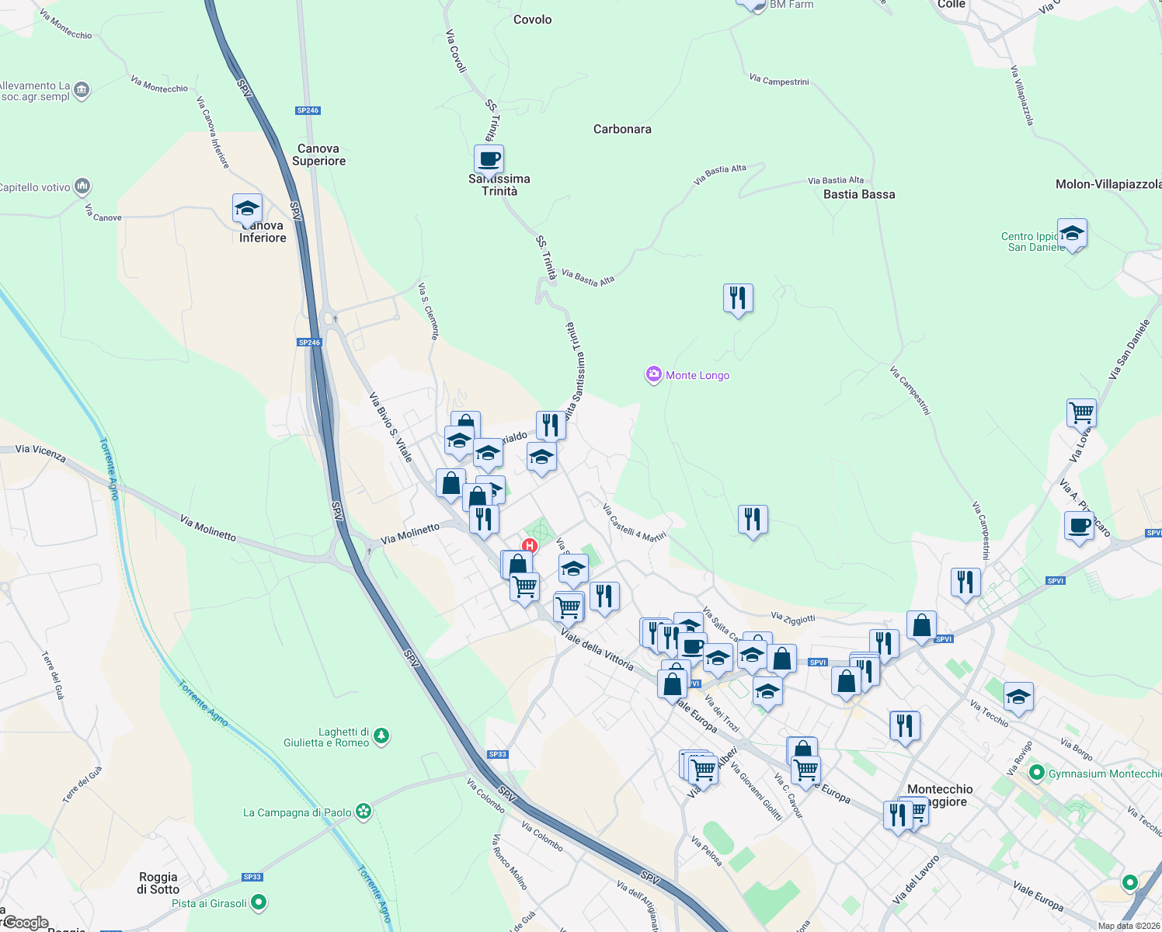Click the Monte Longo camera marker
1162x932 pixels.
coord(654,375)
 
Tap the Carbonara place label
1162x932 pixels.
coord(622,129)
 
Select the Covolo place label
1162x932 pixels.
coord(533,19)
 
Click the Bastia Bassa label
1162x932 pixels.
coord(859,194)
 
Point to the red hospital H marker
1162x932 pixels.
coord(530,545)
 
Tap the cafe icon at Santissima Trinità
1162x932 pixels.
coord(489,160)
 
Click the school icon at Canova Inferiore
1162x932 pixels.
coord(247,209)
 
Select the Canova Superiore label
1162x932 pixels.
coord(318,155)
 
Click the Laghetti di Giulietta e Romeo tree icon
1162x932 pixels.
coord(381,736)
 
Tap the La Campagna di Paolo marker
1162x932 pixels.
coord(364,812)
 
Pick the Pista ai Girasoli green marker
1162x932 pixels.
coord(259,902)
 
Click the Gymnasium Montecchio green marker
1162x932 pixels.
coord(1036,773)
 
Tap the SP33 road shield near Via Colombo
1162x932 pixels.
coord(498,754)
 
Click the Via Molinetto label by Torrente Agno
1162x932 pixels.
coord(207,527)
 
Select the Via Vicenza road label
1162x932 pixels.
coord(40,453)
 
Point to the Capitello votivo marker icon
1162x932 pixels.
coord(82,186)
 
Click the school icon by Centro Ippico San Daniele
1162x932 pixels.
coord(1072,233)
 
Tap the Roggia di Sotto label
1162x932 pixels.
coord(158,883)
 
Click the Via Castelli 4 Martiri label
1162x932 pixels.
coord(635,522)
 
